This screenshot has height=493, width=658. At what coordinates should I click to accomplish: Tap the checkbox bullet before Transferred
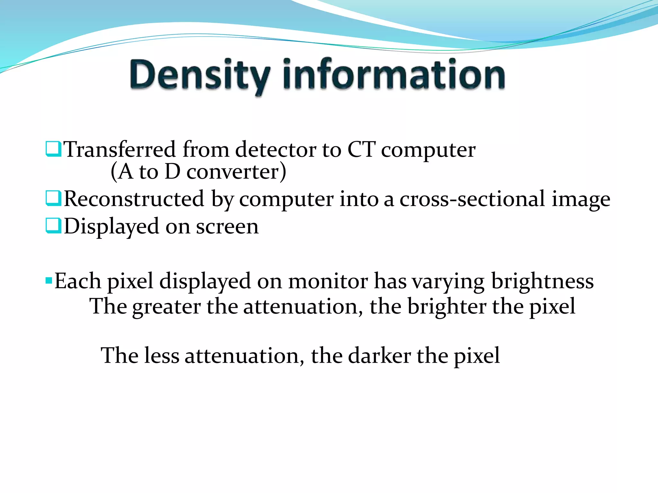53,149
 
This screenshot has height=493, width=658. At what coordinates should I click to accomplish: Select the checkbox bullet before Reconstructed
53,198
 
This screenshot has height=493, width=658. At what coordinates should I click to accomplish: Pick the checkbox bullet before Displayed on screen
53,226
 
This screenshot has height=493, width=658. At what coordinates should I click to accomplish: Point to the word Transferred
120,150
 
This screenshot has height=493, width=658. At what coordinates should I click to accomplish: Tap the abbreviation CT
361,150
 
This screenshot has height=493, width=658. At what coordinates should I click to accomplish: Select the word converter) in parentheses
236,172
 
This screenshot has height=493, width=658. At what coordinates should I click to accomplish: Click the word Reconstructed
134,199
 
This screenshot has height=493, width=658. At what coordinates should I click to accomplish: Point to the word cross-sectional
472,199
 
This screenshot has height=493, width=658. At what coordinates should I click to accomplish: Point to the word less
162,356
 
